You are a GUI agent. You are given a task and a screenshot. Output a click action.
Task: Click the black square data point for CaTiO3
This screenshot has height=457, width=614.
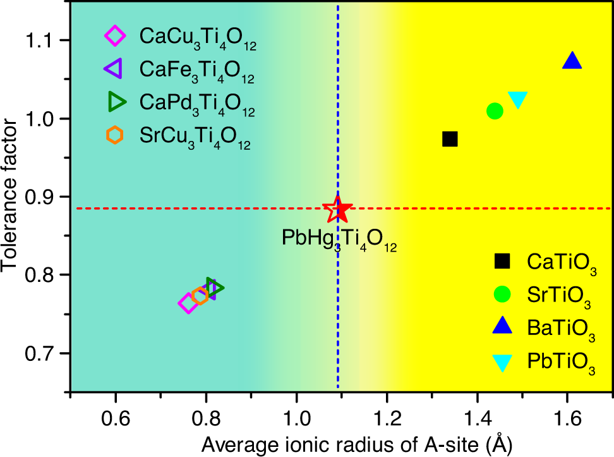450,139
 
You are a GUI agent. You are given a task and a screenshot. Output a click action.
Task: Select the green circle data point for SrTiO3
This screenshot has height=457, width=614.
495,111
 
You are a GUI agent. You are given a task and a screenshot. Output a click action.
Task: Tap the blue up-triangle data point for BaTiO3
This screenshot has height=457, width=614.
572,61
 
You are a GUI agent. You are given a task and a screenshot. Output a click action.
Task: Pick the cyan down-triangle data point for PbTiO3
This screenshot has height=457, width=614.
517,99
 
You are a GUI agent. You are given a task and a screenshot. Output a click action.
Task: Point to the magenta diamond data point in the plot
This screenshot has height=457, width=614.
188,303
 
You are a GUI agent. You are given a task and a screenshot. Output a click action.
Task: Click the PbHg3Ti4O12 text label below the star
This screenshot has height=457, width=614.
339,239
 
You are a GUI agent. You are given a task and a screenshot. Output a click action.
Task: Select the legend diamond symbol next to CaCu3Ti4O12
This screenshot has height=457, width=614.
114,36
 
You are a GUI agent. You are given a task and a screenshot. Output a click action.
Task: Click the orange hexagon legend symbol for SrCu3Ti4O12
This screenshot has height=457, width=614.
114,135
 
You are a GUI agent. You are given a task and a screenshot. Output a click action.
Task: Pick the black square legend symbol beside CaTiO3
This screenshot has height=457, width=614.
502,260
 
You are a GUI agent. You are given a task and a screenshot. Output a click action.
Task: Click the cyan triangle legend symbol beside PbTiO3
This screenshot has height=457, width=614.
502,362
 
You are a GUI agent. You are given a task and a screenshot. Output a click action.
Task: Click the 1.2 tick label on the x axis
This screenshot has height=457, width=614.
387,418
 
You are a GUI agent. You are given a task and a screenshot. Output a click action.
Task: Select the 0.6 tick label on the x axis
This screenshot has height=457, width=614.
116,418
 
